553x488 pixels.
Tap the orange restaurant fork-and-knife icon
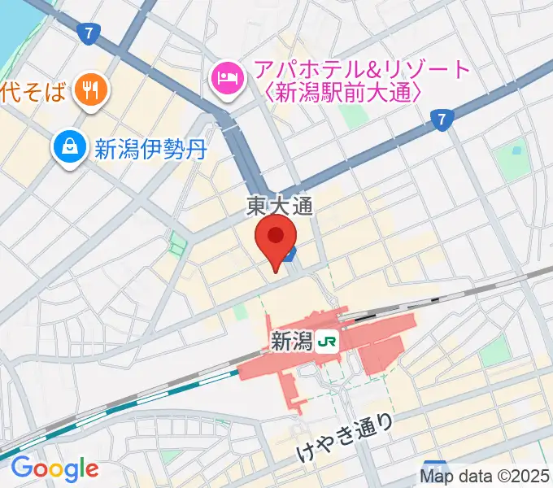(x=88, y=90)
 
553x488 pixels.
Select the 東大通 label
(x=281, y=208)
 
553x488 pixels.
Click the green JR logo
(x=328, y=342)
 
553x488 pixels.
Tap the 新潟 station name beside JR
(x=290, y=342)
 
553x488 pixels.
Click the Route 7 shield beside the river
(x=89, y=33)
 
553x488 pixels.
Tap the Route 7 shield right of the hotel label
(x=442, y=120)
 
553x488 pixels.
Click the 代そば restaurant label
(x=33, y=92)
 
